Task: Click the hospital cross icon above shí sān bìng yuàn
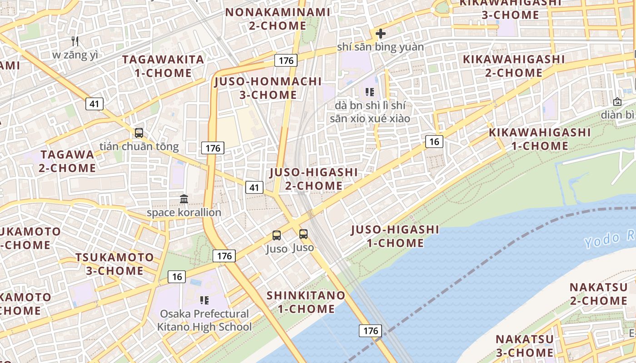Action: (x=380, y=33)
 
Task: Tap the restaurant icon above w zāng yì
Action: (x=75, y=41)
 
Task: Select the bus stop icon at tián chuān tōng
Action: (x=139, y=133)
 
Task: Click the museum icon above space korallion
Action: (x=184, y=199)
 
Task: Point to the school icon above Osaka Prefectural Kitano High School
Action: (x=204, y=300)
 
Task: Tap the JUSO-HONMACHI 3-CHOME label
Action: (x=268, y=88)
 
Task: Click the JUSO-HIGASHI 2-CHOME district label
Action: (x=313, y=179)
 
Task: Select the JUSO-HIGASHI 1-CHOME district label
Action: (x=395, y=236)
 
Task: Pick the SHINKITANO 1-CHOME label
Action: (x=306, y=302)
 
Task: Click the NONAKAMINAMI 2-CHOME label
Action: (x=278, y=19)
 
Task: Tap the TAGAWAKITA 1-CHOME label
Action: (x=163, y=66)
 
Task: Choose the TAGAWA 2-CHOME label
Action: (x=67, y=161)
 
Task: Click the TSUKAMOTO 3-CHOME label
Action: (x=114, y=264)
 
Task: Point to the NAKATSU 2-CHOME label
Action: (x=598, y=294)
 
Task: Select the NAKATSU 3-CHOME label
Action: (x=524, y=346)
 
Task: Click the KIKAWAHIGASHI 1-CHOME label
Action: (x=540, y=139)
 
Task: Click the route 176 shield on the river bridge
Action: (x=370, y=331)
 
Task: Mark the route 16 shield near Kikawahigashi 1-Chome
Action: (x=434, y=142)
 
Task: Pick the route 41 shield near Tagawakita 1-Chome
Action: (x=94, y=104)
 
